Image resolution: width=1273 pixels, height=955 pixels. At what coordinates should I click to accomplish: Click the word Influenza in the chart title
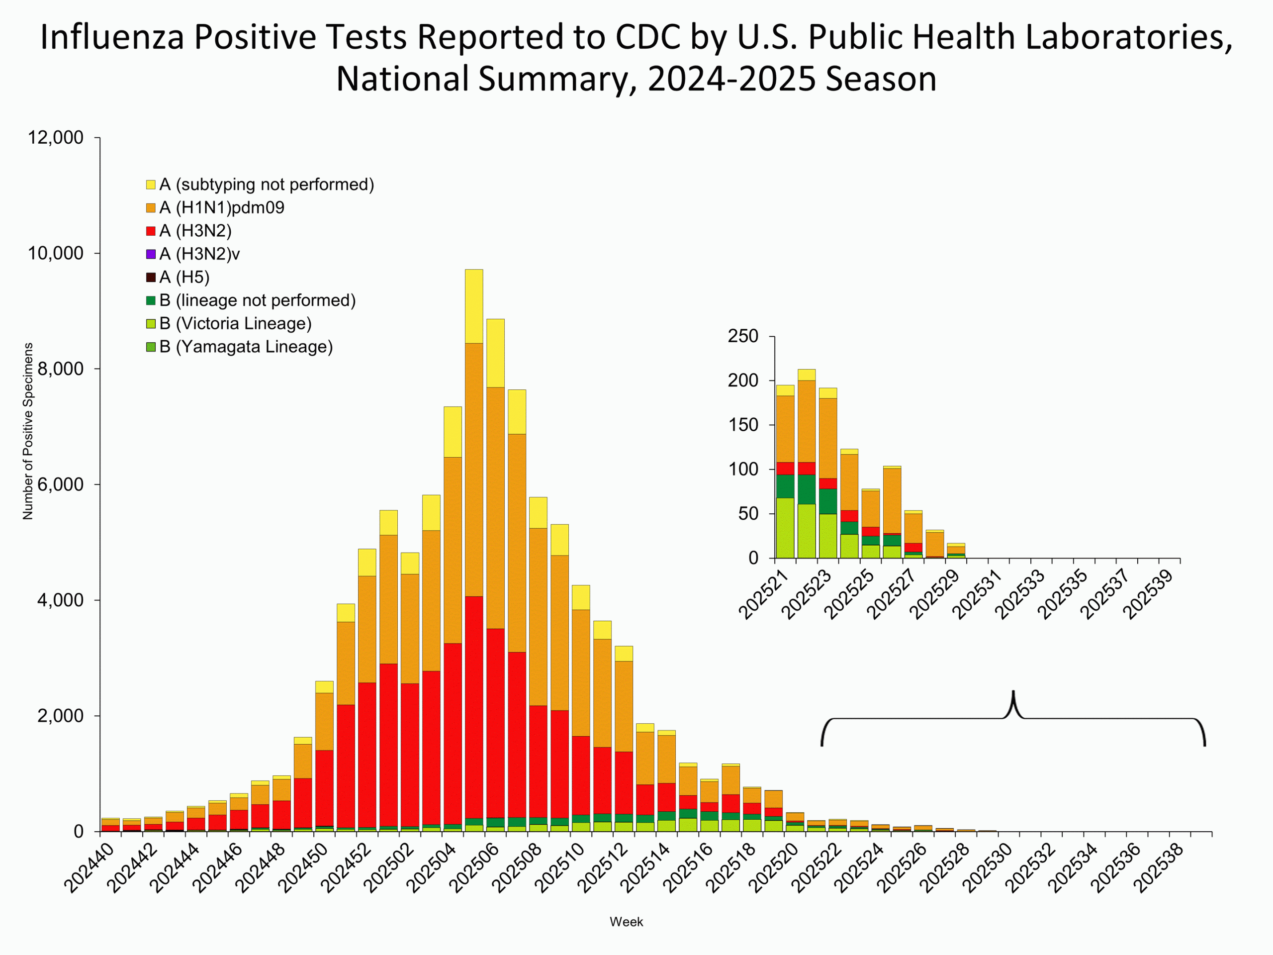click(112, 37)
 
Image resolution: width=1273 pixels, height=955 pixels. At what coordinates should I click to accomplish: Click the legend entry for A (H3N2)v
click(199, 254)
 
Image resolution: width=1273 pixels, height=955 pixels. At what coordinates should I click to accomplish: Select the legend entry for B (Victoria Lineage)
click(235, 323)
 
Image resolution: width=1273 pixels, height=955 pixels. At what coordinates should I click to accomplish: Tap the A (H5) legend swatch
click(151, 278)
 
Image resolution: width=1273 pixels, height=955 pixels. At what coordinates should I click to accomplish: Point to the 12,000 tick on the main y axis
click(55, 138)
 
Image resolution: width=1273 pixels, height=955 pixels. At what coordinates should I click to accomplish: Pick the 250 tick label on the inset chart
click(742, 336)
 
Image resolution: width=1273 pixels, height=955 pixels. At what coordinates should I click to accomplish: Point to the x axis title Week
click(626, 922)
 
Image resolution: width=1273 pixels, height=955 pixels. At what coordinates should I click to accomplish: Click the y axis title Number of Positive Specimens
click(28, 431)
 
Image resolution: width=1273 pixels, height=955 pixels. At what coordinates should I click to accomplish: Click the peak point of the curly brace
click(1013, 692)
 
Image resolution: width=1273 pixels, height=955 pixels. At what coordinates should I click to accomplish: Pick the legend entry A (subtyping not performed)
click(266, 185)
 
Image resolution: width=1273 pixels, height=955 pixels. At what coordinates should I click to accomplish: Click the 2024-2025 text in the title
click(731, 79)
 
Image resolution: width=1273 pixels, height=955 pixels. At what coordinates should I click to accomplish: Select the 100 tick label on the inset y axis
click(743, 469)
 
